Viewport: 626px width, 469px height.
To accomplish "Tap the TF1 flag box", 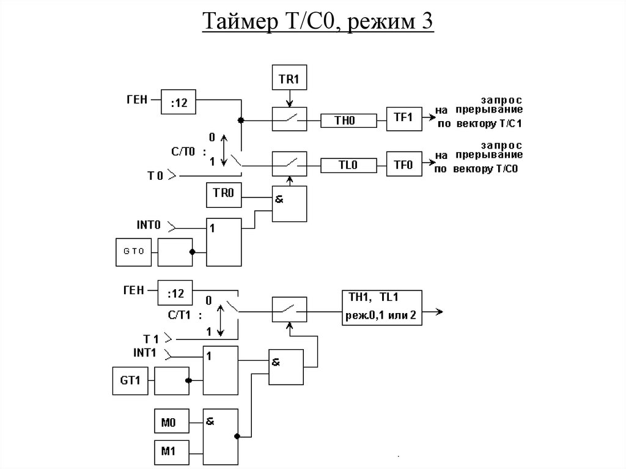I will tap(403, 118).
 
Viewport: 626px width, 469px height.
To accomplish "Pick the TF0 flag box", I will tap(403, 165).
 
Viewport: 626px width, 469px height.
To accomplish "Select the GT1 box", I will tap(130, 381).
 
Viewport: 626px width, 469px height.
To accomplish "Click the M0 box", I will tap(169, 422).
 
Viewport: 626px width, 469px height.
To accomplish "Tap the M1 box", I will tap(169, 451).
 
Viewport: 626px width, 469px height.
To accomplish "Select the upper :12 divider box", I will tap(179, 102).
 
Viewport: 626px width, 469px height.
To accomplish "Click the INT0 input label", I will tap(149, 225).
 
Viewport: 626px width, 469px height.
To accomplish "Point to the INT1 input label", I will tap(145, 352).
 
